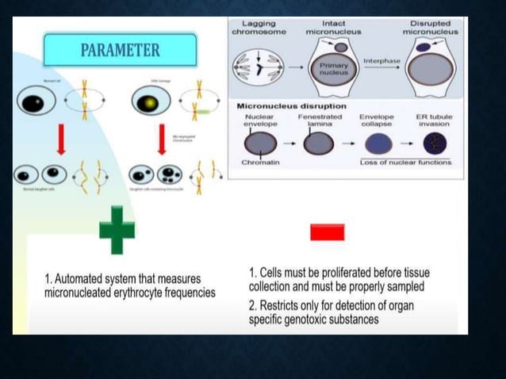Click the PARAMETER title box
120,51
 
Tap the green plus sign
117,230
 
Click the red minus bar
327,232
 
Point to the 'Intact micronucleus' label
333,28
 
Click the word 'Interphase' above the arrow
381,60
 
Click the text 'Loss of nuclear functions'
404,163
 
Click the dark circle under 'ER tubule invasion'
435,144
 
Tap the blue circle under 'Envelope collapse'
377,144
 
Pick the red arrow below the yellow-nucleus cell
162,138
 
